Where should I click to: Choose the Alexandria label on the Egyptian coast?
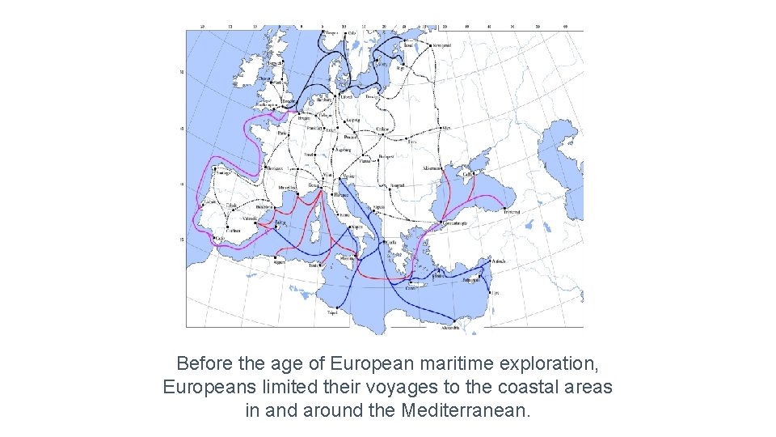[450, 329]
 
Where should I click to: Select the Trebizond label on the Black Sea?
[510, 212]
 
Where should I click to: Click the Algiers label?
[280, 262]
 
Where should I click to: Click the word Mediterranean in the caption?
[465, 410]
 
